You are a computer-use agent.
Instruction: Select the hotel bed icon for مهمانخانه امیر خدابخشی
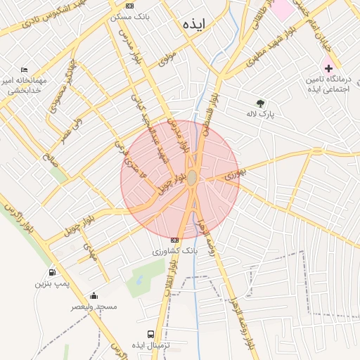tap(25, 71)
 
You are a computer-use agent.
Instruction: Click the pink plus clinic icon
tap(328, 68)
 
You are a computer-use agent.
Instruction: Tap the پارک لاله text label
tap(261, 113)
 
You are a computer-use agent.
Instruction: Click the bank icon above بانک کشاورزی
tap(175, 240)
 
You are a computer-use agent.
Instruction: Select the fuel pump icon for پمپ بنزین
tap(52, 273)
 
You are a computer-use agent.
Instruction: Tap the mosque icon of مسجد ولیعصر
tap(94, 296)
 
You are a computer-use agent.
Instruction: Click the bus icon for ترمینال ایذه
tap(150, 334)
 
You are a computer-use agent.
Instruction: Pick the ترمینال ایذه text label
tap(163, 345)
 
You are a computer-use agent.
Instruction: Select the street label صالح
tap(48, 149)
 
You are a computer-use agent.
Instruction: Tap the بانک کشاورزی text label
tap(175, 250)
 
